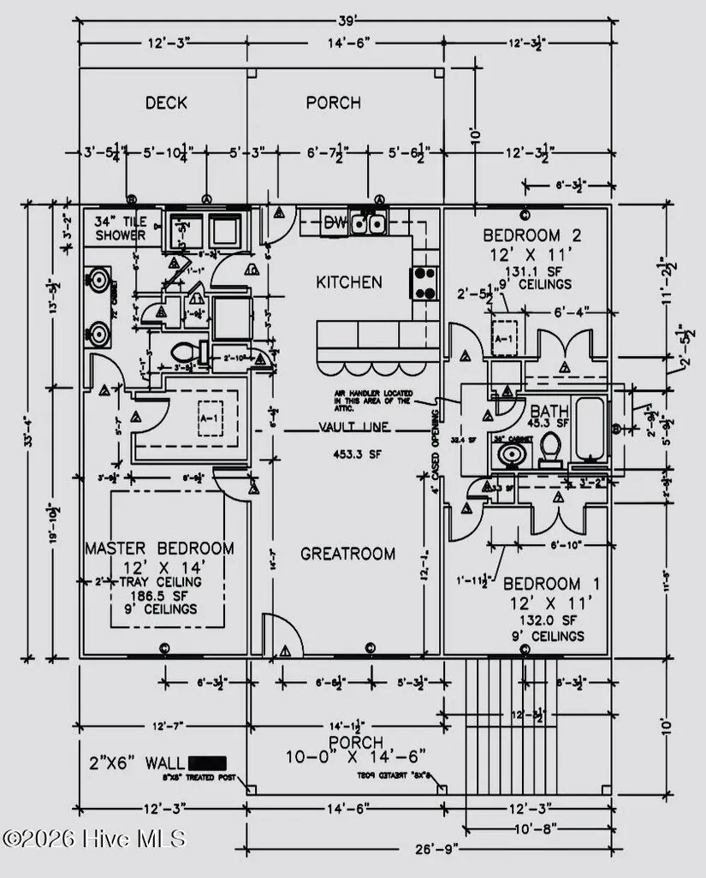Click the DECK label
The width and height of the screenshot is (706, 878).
tap(166, 103)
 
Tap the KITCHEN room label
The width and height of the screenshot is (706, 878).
tap(348, 282)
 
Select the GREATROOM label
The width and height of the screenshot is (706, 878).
tap(347, 554)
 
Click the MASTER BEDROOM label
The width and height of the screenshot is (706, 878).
tap(159, 548)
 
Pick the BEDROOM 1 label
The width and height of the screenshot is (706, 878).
tap(551, 584)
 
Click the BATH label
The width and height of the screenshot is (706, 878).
tap(549, 410)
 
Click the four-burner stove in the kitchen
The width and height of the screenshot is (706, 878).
tap(424, 282)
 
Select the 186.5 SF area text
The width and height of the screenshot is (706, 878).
tap(159, 596)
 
